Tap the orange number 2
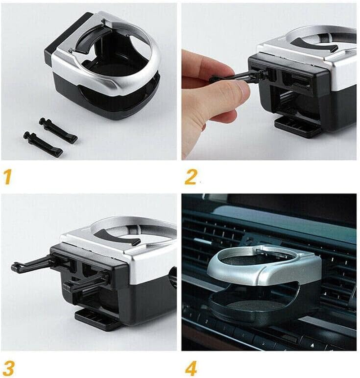pyautogui.click(x=190, y=176)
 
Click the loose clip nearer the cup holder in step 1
pyautogui.click(x=58, y=130)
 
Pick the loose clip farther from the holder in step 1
pyautogui.click(x=43, y=143)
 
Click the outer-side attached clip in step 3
pyautogui.click(x=31, y=265)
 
